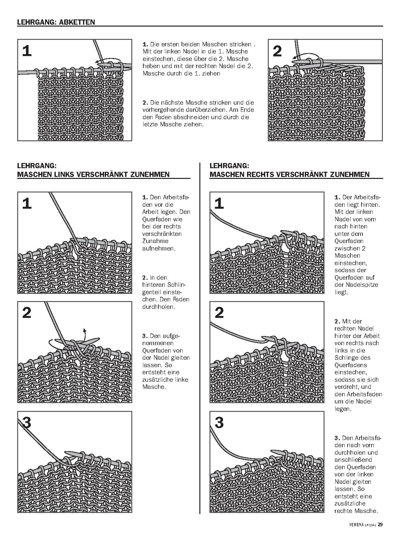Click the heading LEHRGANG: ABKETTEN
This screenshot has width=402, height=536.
pyautogui.click(x=56, y=22)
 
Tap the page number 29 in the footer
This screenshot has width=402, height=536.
pyautogui.click(x=380, y=524)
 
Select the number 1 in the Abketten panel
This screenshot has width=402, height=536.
pyautogui.click(x=27, y=51)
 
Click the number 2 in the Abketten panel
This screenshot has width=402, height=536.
pyautogui.click(x=278, y=51)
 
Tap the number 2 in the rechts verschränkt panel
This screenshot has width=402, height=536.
pyautogui.click(x=219, y=313)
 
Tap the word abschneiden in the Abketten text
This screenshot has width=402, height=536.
pyautogui.click(x=190, y=117)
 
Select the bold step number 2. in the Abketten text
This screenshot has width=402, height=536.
pyautogui.click(x=145, y=102)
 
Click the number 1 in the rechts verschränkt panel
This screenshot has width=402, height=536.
pyautogui.click(x=219, y=204)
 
